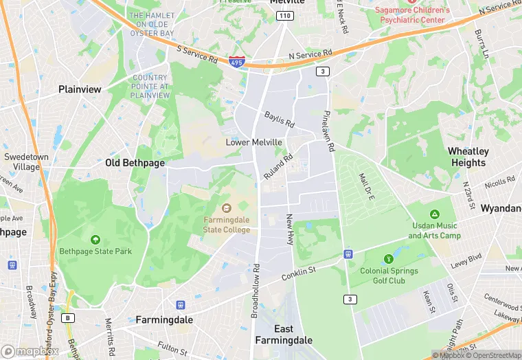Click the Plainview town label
point(80,89)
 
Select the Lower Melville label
point(254,142)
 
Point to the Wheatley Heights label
point(468,157)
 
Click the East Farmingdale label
point(284,335)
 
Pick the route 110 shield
point(286,15)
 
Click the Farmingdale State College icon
point(227,207)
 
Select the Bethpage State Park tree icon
point(95,240)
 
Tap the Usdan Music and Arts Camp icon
point(434,214)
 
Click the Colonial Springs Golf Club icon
point(389,259)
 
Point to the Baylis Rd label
point(280,120)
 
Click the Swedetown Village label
point(26,161)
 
